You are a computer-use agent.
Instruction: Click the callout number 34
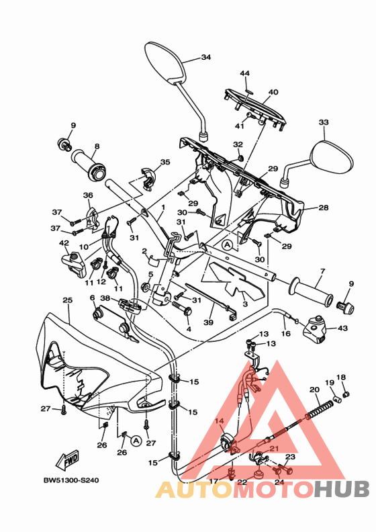coord(205,57)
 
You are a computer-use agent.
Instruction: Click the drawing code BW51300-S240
coord(70,481)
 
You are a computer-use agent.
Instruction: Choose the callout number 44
coord(245,73)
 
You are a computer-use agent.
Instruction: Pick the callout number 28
coord(323,208)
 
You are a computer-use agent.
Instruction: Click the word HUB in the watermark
coord(340,489)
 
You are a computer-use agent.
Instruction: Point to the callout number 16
coord(285,333)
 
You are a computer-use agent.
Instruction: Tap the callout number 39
coord(209,322)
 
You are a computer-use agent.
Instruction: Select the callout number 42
coord(64,243)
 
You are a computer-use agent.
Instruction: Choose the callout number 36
coord(87,195)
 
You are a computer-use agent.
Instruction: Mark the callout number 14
coord(218,421)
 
